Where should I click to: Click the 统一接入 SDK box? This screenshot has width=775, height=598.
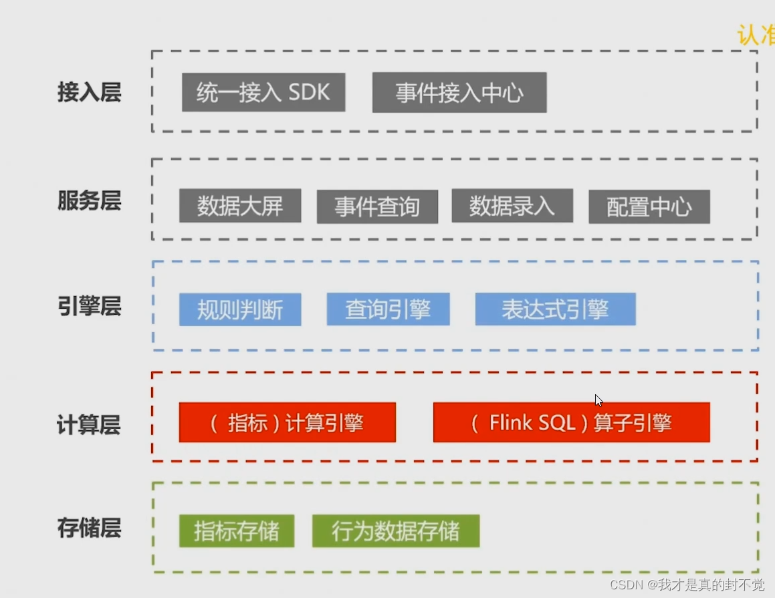click(263, 92)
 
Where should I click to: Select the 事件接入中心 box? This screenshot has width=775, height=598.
click(459, 93)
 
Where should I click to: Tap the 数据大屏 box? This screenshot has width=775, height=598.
click(240, 206)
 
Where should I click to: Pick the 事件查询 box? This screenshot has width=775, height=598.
click(377, 206)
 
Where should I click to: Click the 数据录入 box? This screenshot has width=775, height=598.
click(512, 206)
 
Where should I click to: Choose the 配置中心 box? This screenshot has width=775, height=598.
click(649, 207)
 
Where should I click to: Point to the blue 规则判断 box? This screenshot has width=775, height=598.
click(240, 309)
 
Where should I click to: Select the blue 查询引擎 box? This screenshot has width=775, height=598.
click(388, 309)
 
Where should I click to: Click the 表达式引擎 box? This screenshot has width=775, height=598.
click(555, 309)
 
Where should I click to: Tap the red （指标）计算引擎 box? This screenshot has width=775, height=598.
click(288, 422)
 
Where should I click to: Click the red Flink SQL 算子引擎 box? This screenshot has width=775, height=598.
click(571, 422)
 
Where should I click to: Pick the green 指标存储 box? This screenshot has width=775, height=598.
click(237, 531)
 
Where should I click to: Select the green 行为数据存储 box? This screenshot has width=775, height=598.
click(396, 531)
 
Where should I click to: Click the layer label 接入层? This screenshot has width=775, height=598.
click(90, 92)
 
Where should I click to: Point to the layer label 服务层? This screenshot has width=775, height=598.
click(90, 200)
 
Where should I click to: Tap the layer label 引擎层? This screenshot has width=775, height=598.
click(90, 307)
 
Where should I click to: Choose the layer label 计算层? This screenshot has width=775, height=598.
click(90, 425)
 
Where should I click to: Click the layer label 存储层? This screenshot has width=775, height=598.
click(90, 529)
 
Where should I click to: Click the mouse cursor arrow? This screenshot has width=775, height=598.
click(598, 400)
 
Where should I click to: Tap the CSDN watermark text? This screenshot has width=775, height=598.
click(687, 585)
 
